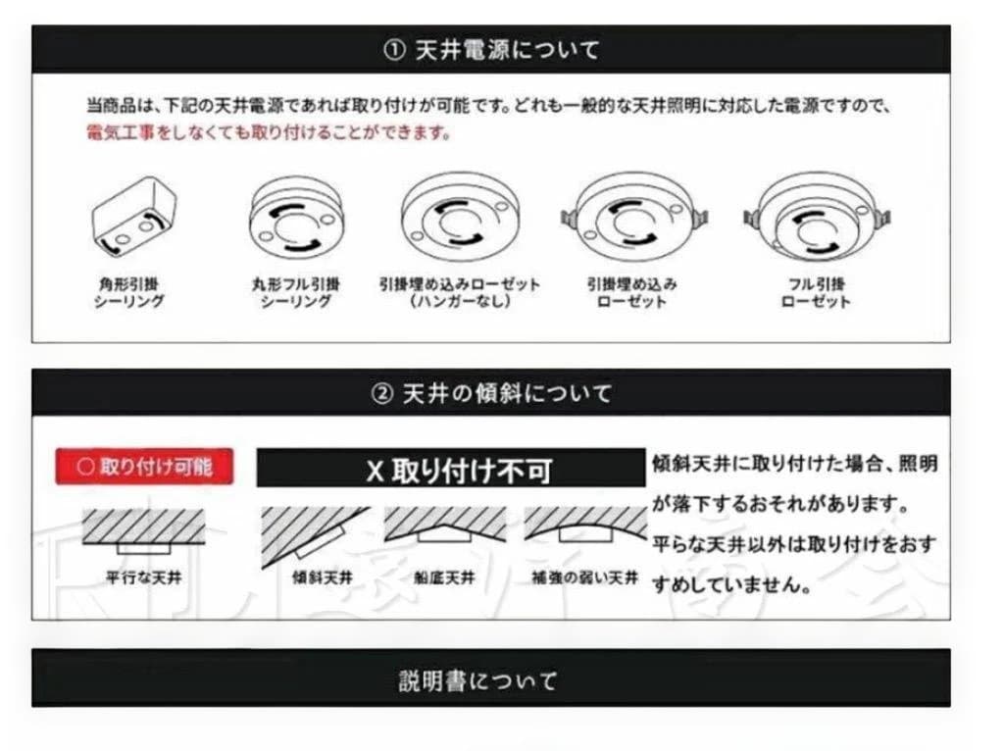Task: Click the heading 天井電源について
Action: point(502,49)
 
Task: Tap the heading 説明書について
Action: point(478,680)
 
